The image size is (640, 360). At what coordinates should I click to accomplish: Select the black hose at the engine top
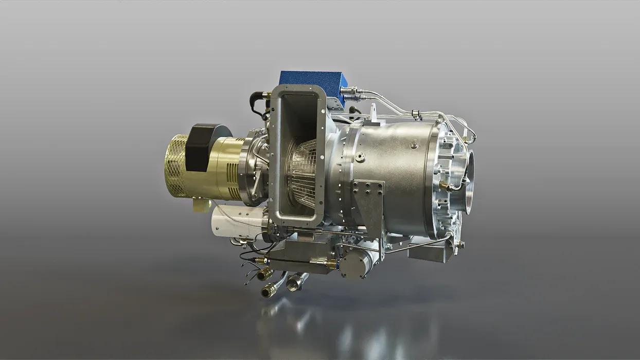pos(257,103)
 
